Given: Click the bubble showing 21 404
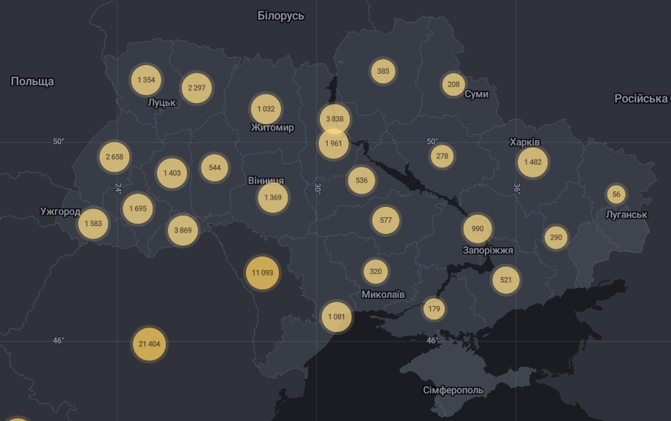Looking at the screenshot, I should point(149,344).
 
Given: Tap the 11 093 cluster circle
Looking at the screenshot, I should point(262,273).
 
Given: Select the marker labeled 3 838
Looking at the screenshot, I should point(334,118).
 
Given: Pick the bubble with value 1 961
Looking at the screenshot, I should point(333,143).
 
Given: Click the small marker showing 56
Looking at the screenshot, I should point(616,194).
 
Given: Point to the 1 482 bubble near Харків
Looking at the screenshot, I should point(532,162).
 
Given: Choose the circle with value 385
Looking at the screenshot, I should point(383,72).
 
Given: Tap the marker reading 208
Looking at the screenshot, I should point(453,85).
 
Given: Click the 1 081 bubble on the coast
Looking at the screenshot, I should point(336,317).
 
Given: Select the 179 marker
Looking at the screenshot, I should point(434,308).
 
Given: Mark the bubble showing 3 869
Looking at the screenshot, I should point(183,230).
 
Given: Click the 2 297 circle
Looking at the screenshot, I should point(196,88).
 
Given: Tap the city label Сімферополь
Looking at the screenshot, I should point(453,390).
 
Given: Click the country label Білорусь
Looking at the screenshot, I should point(281,15).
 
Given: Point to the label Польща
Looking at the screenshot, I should point(32,81).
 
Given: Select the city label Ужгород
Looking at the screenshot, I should point(60,212).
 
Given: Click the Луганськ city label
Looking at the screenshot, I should point(626,214).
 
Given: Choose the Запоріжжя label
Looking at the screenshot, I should point(488,250).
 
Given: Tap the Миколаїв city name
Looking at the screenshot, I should point(383,295).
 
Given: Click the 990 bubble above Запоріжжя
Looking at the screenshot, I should point(478,229).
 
